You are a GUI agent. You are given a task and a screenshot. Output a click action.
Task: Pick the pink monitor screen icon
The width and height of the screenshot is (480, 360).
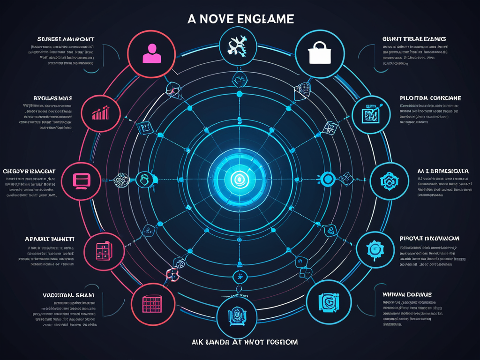[x=82, y=180]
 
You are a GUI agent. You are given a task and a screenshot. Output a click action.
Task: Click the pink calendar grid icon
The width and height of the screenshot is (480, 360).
[x=152, y=303]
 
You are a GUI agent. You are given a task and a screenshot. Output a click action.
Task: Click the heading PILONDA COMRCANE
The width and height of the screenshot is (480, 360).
[x=430, y=98]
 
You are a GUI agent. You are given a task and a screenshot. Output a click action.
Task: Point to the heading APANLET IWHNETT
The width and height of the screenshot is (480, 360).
[x=53, y=239]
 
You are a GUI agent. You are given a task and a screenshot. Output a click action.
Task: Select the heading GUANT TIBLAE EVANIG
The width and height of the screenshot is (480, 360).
[x=413, y=39]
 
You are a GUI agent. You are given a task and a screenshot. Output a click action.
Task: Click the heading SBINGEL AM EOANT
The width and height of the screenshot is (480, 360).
[x=66, y=39]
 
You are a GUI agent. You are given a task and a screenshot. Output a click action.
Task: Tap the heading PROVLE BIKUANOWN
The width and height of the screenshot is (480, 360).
[x=429, y=239]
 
